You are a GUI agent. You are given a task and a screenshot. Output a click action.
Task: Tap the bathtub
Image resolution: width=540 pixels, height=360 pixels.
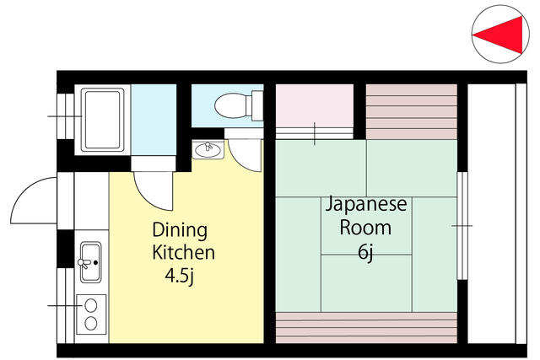tap(102, 120)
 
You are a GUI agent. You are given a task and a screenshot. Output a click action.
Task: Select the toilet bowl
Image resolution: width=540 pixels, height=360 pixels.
tap(230, 105)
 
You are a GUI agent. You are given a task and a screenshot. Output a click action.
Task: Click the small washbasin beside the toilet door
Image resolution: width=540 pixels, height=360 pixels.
tap(208, 150)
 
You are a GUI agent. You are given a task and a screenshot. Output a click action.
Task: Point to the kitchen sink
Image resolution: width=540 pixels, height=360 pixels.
tap(90, 262)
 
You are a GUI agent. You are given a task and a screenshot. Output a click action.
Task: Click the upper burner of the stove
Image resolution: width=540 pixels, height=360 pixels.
tap(91, 306)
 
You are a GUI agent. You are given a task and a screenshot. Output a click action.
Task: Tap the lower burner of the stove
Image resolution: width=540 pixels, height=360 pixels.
tap(91, 324)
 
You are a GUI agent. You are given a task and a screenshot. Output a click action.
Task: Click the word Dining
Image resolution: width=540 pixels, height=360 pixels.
tap(180, 231)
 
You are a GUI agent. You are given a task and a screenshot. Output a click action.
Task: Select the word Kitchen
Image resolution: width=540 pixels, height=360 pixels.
tap(184, 252)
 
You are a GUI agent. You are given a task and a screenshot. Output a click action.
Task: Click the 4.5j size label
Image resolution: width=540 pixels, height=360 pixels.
tap(180, 276)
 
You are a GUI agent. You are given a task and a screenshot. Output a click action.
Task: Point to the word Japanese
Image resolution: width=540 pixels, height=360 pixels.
tap(366, 204)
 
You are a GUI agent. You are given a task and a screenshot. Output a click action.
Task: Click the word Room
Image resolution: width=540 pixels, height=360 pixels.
tap(365, 228)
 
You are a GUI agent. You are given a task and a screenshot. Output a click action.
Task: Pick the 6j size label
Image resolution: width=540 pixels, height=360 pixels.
tap(365, 253)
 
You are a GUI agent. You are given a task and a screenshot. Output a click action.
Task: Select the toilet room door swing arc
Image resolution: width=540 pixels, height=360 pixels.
tap(240, 162)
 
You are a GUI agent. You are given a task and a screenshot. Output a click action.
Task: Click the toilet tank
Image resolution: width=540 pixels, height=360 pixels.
tap(257, 105)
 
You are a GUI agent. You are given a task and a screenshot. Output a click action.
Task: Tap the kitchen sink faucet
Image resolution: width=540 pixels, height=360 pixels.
tap(84, 263)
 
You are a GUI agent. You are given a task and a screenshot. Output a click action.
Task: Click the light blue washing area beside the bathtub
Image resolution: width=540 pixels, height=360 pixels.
tap(154, 120)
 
